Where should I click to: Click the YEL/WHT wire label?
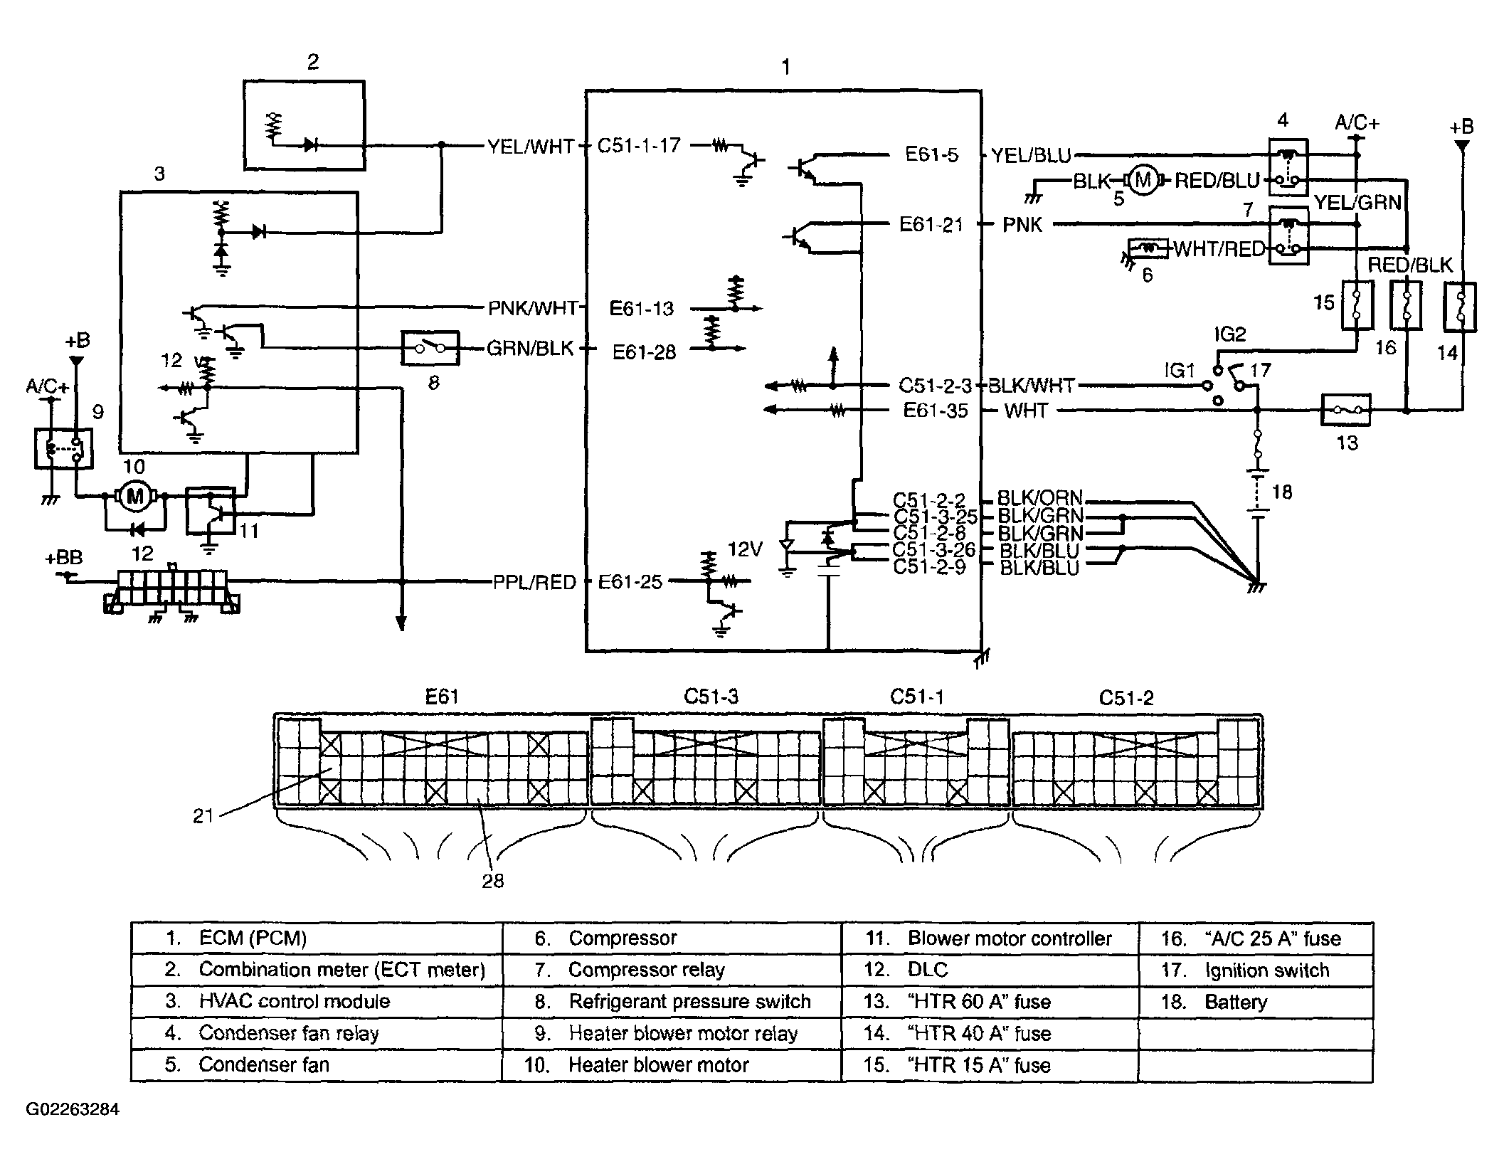pos(531,147)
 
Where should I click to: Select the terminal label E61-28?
pos(644,351)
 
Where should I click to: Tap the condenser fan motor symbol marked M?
pos(1143,181)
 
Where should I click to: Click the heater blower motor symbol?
pos(134,496)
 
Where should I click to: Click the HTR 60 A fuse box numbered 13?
pos(1346,411)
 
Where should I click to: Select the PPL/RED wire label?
pos(534,583)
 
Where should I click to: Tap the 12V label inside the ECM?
pos(745,549)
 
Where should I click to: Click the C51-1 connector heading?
pos(917,697)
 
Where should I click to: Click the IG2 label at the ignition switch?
pos(1230,334)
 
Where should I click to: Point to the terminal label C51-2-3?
pos(935,386)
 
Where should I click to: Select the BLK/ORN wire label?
pos(1039,497)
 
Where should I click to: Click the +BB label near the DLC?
pos(64,559)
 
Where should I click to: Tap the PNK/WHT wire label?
pos(532,308)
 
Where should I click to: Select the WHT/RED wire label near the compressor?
pos(1219,250)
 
